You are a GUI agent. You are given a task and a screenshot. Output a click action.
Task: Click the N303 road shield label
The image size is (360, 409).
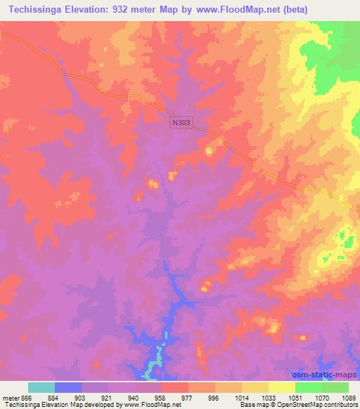click(181, 122)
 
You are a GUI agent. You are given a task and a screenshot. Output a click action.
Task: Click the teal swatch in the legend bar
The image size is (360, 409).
click(41, 387)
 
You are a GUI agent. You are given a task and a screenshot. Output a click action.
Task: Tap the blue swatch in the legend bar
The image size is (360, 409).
click(68, 387)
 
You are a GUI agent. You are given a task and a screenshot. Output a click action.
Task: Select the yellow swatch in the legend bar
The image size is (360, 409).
click(281, 387)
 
